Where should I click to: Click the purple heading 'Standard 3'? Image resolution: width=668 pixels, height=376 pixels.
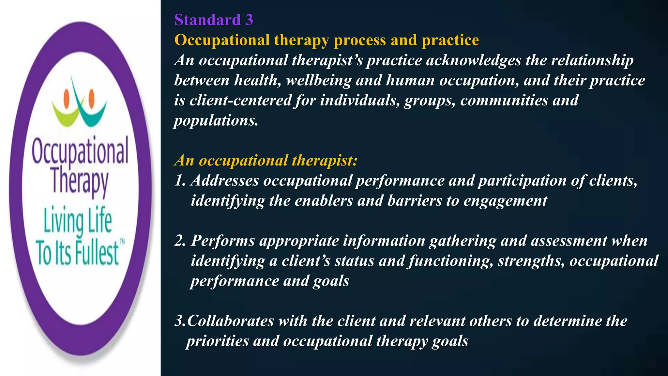point(214,20)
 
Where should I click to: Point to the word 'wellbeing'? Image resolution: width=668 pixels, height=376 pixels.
point(319,81)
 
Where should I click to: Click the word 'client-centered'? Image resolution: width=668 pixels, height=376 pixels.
point(240,101)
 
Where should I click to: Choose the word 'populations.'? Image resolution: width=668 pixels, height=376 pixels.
point(216,121)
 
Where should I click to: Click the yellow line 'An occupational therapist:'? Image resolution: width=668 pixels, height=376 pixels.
point(266,161)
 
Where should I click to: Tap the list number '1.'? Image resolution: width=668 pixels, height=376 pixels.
point(180,181)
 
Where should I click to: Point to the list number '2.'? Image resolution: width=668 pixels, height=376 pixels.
point(180,241)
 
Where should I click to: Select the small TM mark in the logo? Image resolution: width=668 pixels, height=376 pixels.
point(122,242)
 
